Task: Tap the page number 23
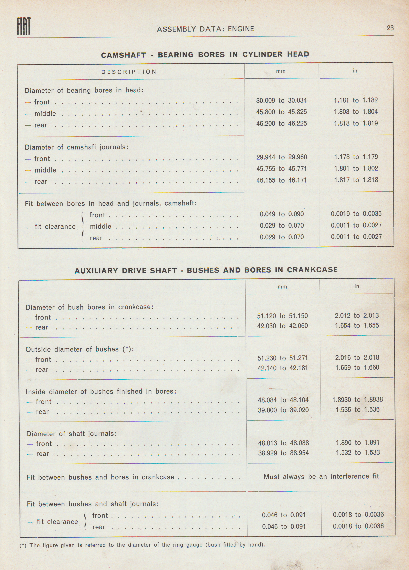point(390,28)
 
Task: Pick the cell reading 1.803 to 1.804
point(356,112)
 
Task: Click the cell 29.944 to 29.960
point(281,157)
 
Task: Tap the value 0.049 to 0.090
point(281,214)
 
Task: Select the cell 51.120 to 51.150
point(282,316)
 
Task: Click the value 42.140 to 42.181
point(282,368)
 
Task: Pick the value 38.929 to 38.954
point(283,453)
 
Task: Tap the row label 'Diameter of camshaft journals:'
point(76,147)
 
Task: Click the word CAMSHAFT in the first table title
point(123,55)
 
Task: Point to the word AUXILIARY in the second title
point(97,271)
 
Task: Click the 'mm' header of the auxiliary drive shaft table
point(282,287)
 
